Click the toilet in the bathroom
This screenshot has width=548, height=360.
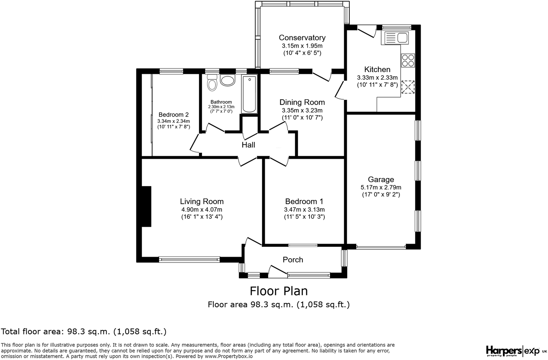pyautogui.click(x=212, y=82)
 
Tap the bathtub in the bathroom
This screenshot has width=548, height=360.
pyautogui.click(x=249, y=94)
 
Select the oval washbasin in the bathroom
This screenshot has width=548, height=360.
pyautogui.click(x=228, y=80)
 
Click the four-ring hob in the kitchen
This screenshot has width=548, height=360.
pyautogui.click(x=408, y=60)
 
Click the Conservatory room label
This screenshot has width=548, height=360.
pyautogui.click(x=302, y=38)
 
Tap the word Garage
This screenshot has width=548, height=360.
pyautogui.click(x=381, y=179)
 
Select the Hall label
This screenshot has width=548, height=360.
pyautogui.click(x=248, y=145)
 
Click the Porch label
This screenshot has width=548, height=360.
pyautogui.click(x=293, y=260)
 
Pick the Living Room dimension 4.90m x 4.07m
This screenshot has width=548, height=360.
pyautogui.click(x=202, y=209)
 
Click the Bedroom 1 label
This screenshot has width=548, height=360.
pyautogui.click(x=304, y=201)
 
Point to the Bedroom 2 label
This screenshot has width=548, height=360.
pyautogui.click(x=173, y=115)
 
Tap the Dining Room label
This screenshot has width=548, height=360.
pyautogui.click(x=302, y=102)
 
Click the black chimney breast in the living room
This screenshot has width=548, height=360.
pyautogui.click(x=146, y=207)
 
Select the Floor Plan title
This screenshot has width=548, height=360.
pyautogui.click(x=279, y=291)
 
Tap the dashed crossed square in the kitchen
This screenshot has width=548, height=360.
pyautogui.click(x=408, y=87)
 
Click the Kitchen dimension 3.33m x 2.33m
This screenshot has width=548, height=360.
pyautogui.click(x=377, y=78)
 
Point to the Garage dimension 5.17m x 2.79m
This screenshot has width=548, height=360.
pyautogui.click(x=381, y=188)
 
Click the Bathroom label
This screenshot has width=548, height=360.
pyautogui.click(x=221, y=102)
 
